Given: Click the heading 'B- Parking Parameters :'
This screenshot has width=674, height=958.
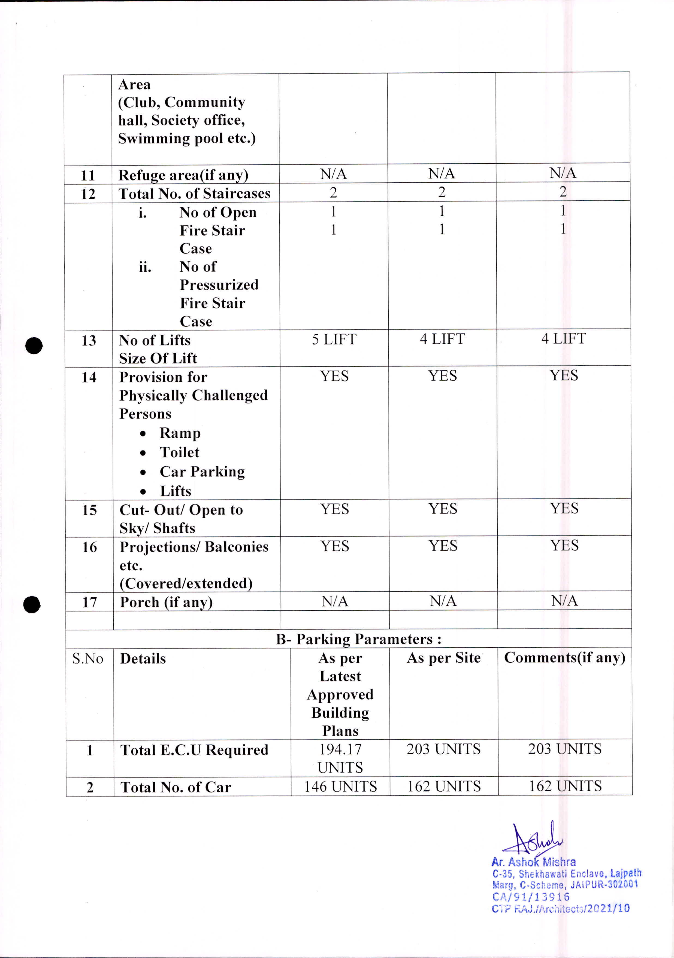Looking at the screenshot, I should (358, 639).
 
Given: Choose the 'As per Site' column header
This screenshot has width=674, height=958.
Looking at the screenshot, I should (443, 658).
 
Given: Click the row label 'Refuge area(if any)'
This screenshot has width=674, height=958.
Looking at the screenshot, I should (183, 175).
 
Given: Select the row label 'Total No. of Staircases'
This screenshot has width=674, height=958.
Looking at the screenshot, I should (194, 194).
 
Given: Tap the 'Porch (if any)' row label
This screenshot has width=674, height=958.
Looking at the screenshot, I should (166, 602).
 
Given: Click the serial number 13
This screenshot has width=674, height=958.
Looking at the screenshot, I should (89, 341).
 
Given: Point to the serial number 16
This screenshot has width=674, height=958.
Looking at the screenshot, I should (89, 547).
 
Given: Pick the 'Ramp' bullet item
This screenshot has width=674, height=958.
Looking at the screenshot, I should (180, 433).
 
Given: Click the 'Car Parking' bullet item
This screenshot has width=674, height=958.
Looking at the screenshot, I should (202, 472).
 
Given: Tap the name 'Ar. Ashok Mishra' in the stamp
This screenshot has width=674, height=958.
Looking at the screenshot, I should (533, 862).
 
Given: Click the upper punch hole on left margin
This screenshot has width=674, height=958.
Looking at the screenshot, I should (34, 345).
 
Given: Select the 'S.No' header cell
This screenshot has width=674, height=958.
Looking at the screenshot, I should (88, 659).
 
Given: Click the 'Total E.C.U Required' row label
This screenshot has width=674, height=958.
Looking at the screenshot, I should (194, 750).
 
